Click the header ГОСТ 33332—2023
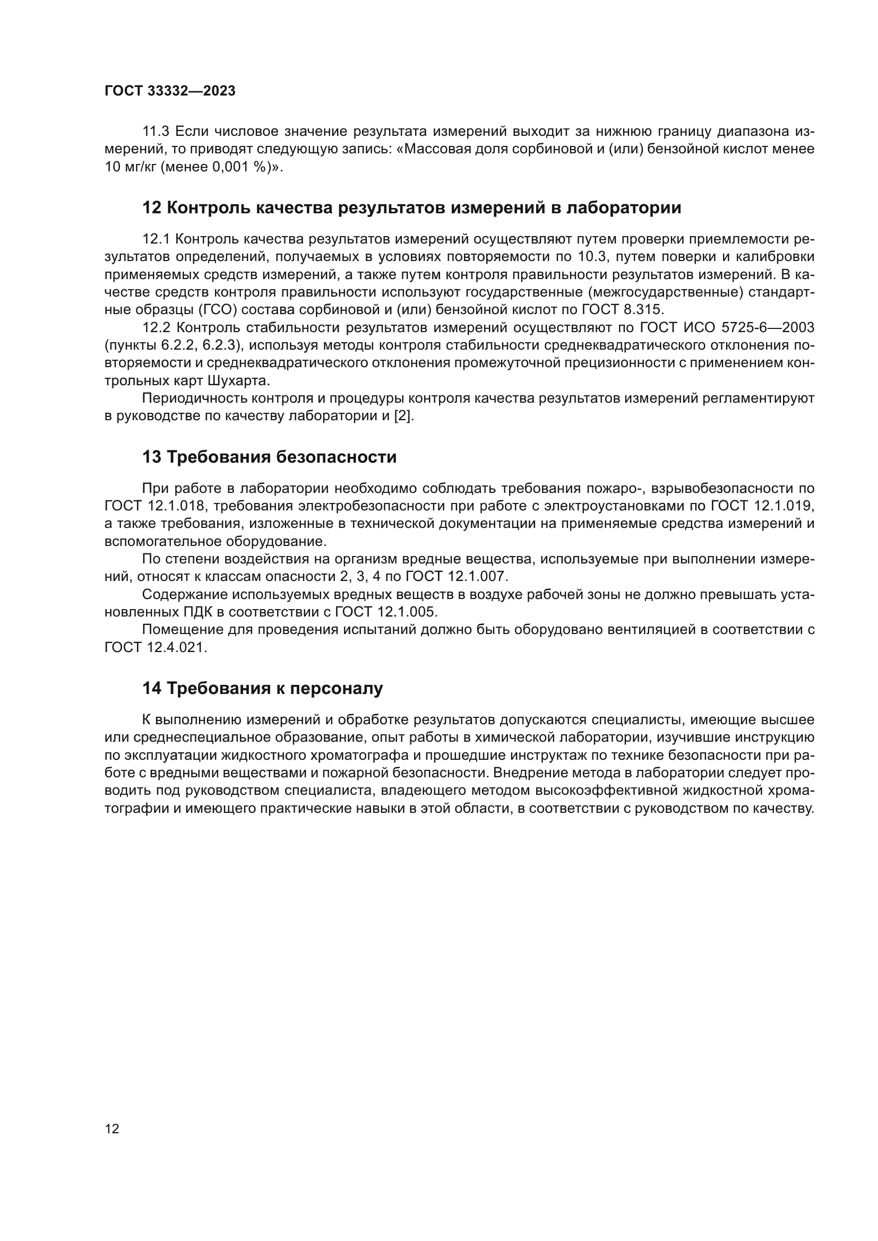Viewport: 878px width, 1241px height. coord(170,91)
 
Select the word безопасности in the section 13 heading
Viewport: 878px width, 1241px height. coord(336,457)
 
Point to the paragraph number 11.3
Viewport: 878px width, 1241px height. coord(156,132)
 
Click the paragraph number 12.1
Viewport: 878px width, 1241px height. coord(156,239)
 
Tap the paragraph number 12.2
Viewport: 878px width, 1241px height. coord(156,327)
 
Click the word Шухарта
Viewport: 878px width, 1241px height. coord(238,380)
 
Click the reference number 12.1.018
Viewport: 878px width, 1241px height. coord(178,506)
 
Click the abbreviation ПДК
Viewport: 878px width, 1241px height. coord(199,612)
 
